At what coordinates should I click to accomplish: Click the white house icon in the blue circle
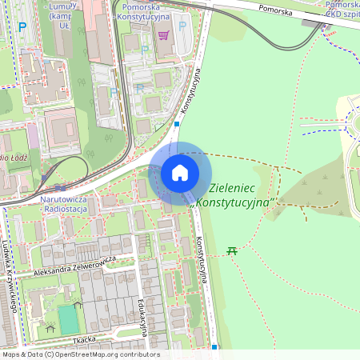[x=180, y=173]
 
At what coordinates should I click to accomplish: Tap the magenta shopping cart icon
[x=163, y=34]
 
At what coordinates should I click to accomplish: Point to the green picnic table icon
[x=232, y=251]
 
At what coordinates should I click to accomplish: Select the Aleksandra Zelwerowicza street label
[x=75, y=266]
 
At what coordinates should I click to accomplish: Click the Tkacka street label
[x=84, y=339]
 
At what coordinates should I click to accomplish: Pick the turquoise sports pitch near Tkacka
[x=69, y=318]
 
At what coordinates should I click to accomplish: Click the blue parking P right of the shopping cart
[x=182, y=26]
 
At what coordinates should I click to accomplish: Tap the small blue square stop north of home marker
[x=176, y=124]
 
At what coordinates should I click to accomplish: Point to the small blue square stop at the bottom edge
[x=214, y=347]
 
